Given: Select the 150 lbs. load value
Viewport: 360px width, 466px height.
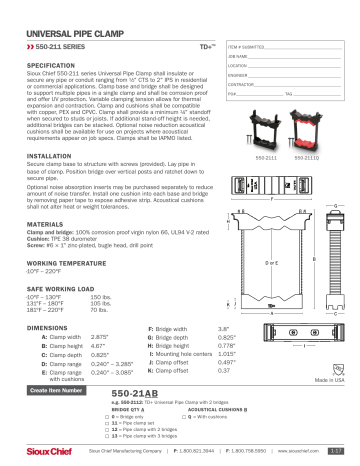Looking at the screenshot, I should pos(100,298).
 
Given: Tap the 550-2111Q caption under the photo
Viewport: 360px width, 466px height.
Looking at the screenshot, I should pos(306,158).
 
